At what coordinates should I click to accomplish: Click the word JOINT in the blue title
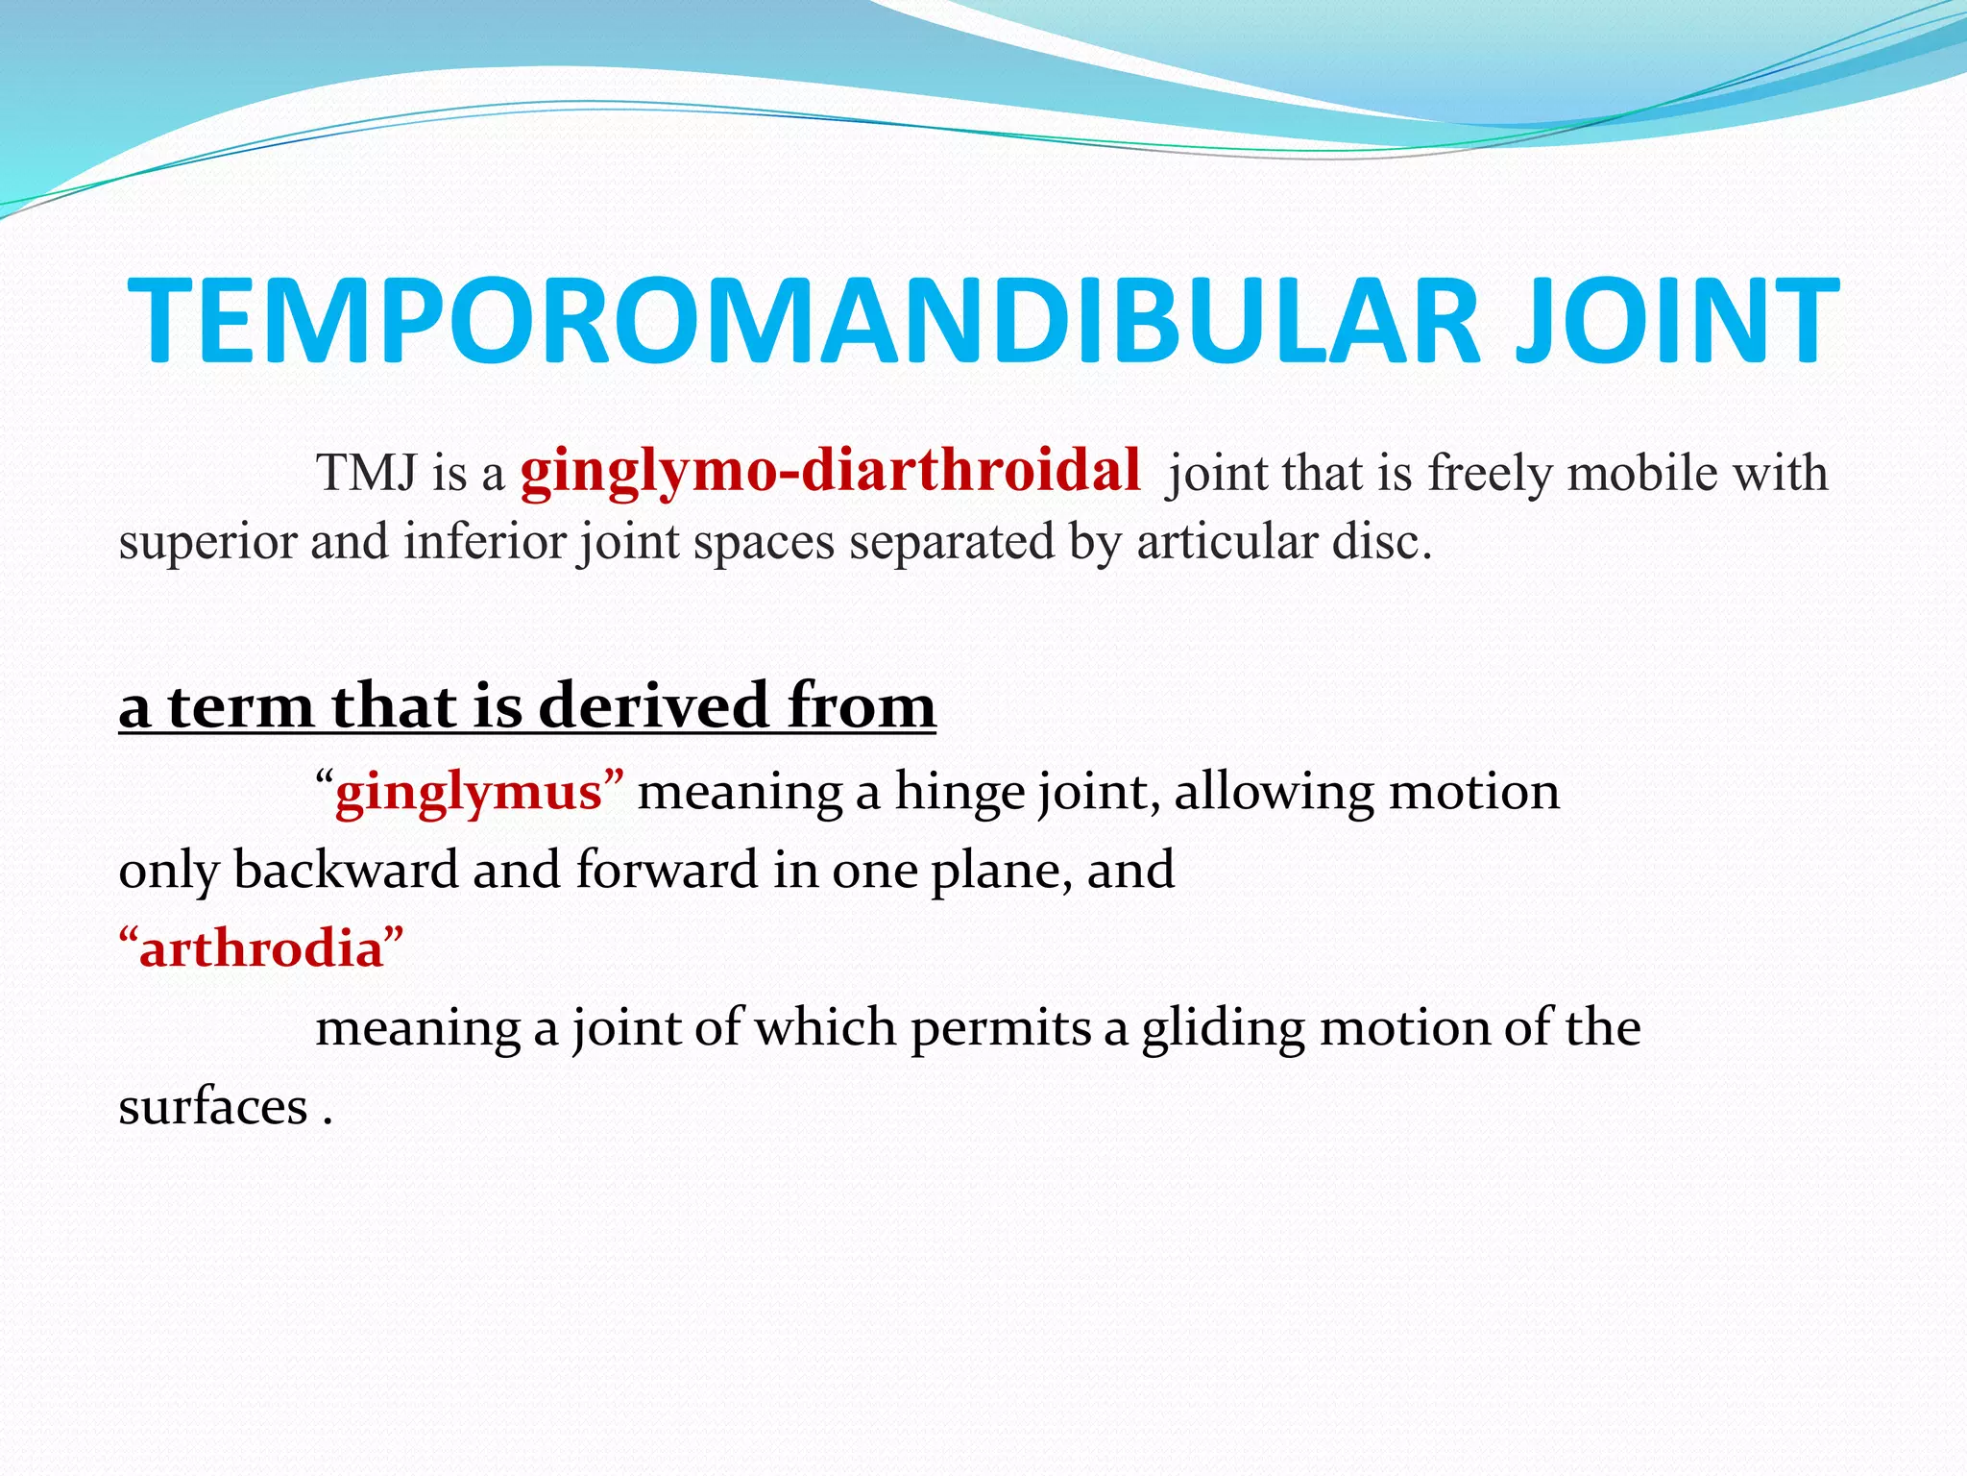coord(1675,321)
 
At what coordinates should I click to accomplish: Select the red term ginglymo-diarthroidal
coord(830,473)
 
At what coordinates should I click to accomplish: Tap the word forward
coord(667,871)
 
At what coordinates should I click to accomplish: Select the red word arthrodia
coord(261,949)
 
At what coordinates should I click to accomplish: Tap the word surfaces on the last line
coord(212,1107)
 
